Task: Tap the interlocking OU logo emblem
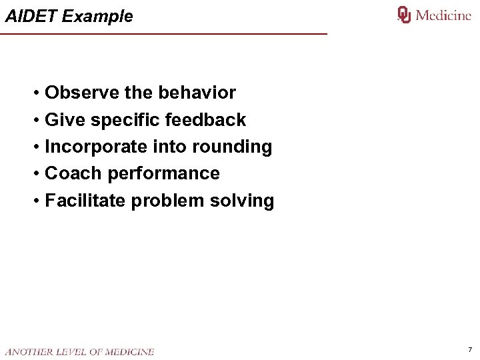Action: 404,15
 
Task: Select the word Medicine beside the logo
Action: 443,15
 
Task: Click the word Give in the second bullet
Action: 65,120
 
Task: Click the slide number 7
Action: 470,349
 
